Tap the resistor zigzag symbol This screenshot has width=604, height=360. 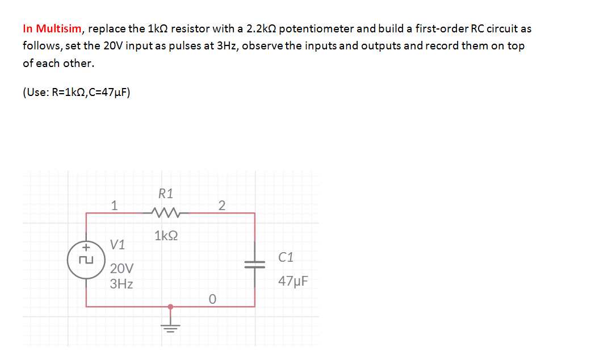tap(166, 214)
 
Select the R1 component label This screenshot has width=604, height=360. tap(166, 194)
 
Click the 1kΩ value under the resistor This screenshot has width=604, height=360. tap(166, 235)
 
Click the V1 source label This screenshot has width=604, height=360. tap(118, 245)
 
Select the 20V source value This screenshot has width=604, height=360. tap(122, 268)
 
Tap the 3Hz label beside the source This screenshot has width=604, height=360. tap(121, 283)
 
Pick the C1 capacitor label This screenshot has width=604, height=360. tap(286, 257)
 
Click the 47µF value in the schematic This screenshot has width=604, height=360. tap(293, 281)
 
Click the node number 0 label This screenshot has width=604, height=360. tap(212, 298)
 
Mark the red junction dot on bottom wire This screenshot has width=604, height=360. tap(170, 307)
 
